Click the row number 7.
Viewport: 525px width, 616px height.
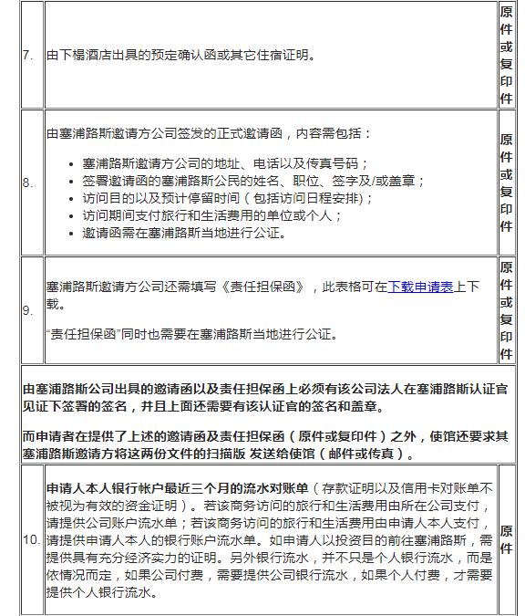point(27,55)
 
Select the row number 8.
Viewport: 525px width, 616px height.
point(27,183)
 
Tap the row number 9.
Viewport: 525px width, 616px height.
point(27,310)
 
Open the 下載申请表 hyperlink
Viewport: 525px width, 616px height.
point(420,287)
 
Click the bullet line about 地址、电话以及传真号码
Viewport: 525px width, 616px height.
point(224,163)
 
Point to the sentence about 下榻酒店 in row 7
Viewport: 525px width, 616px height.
point(181,55)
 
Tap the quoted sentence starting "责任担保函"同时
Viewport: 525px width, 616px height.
point(191,335)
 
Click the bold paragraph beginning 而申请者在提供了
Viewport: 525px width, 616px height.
point(264,444)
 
